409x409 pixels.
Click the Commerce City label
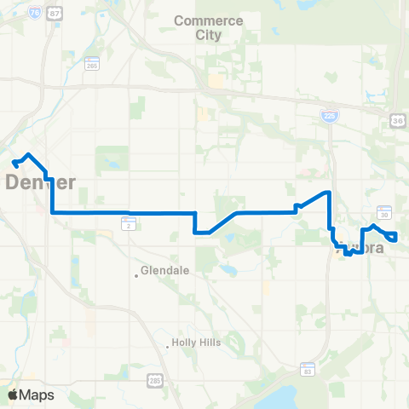pyautogui.click(x=208, y=27)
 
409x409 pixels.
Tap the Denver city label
pyautogui.click(x=41, y=182)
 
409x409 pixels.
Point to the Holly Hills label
pyautogui.click(x=196, y=343)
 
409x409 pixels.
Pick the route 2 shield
pyautogui.click(x=127, y=223)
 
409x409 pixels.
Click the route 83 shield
pyautogui.click(x=308, y=369)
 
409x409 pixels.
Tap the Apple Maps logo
pyautogui.click(x=31, y=395)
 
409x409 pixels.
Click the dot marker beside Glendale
pyautogui.click(x=136, y=274)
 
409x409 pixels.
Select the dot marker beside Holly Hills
pyautogui.click(x=166, y=344)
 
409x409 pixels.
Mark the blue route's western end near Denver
pyautogui.click(x=14, y=161)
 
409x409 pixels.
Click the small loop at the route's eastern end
pyautogui.click(x=392, y=236)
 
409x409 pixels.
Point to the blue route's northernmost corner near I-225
pyautogui.click(x=328, y=193)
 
